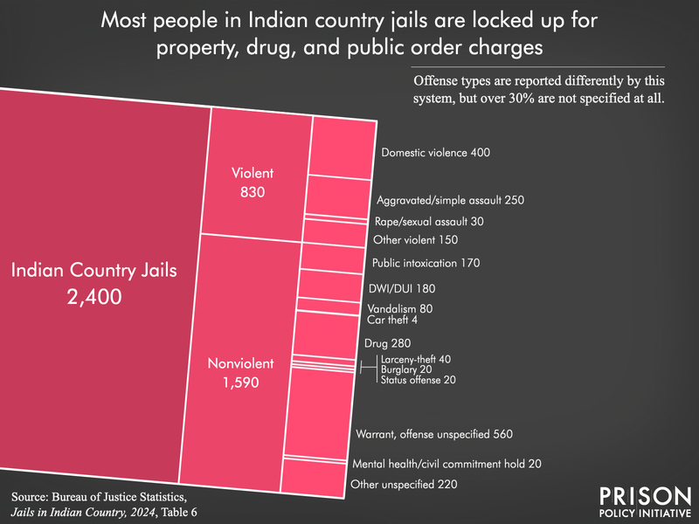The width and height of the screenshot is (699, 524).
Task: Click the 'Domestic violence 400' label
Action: coord(436,153)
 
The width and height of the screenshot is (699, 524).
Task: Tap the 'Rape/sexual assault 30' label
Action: coord(422,222)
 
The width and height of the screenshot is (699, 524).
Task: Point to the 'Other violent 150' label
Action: coord(415,239)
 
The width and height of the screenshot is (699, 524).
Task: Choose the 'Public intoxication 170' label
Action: coord(426,263)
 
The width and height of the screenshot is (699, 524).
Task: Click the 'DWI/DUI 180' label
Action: coord(403,288)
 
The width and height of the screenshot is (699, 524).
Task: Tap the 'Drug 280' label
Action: coord(388,343)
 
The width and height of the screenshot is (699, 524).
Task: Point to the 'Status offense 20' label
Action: coord(416,380)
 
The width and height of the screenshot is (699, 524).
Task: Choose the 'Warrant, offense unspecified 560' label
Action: coord(433,434)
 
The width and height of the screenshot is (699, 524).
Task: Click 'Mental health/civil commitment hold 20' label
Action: coord(446,464)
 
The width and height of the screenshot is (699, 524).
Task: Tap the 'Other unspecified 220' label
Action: coord(404,485)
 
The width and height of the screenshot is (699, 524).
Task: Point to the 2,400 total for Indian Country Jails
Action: coord(93,297)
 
